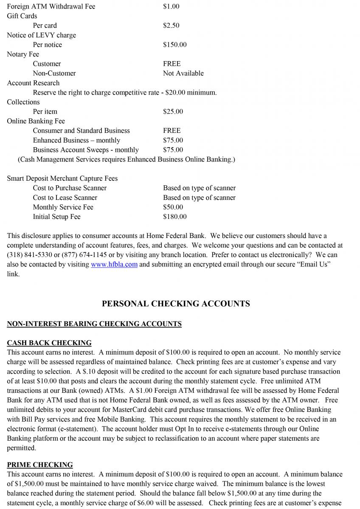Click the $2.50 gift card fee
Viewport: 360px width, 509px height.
(x=171, y=25)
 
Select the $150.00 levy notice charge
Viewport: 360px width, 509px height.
(x=174, y=45)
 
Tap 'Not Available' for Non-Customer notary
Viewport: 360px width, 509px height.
(x=183, y=73)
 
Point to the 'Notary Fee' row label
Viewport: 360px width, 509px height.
(x=23, y=54)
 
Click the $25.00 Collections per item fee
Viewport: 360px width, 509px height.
(x=173, y=112)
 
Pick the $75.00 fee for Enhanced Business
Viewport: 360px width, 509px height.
(x=173, y=140)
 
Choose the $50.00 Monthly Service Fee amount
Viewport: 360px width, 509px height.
(x=173, y=207)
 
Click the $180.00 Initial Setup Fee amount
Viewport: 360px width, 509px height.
(x=174, y=217)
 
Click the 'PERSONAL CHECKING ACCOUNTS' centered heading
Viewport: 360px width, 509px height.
(x=176, y=304)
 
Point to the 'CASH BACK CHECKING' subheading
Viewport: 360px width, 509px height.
(x=49, y=343)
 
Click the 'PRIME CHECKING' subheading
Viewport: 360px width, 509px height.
(x=40, y=465)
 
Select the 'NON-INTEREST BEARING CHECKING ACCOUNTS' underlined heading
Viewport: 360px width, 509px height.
(x=94, y=324)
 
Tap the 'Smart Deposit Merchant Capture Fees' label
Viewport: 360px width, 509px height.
(x=62, y=179)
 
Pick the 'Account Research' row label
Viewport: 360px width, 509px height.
(x=33, y=83)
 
